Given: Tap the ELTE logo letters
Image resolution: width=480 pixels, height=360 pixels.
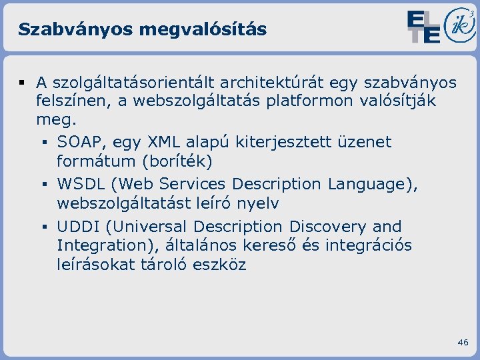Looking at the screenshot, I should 423,27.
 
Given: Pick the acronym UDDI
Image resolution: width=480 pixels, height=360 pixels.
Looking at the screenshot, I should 78,227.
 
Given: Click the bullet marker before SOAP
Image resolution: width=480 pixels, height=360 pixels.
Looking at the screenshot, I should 43,143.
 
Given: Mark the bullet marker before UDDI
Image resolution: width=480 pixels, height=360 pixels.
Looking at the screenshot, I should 43,227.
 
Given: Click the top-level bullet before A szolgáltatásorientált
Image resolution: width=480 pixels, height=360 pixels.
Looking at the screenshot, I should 22,83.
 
